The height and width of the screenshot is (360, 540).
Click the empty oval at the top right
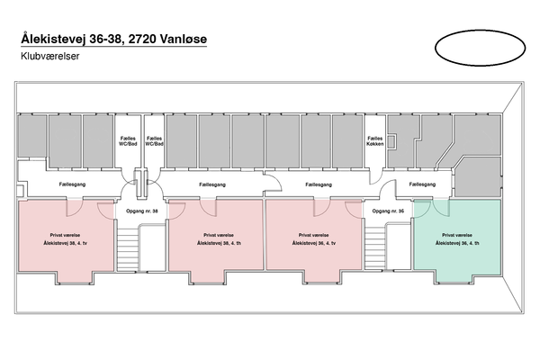477,47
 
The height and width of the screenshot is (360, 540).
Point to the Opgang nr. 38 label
143,211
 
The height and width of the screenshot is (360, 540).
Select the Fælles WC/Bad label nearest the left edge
128,141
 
